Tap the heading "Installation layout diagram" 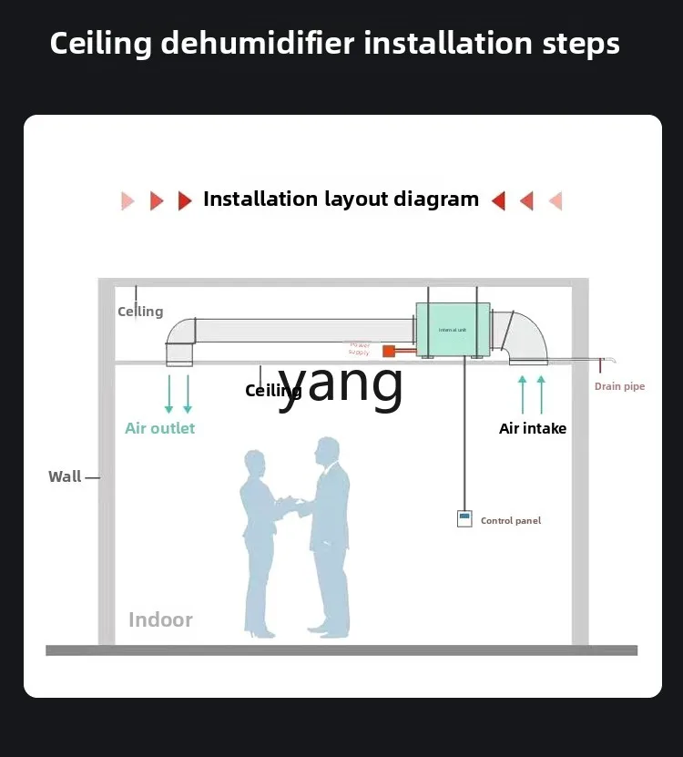[x=341, y=199]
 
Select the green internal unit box [x=453, y=330]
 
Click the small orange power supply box [x=388, y=351]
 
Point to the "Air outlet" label [x=160, y=428]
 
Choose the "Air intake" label [x=533, y=428]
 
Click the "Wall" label [x=65, y=476]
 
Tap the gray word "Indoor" [x=160, y=620]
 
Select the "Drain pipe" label [x=619, y=386]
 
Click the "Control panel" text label [x=510, y=521]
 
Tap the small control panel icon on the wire [x=464, y=518]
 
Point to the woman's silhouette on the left [x=260, y=537]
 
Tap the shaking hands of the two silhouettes [x=290, y=501]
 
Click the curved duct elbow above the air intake [x=525, y=335]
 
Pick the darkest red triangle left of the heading [x=185, y=200]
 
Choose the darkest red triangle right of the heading [x=498, y=200]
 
